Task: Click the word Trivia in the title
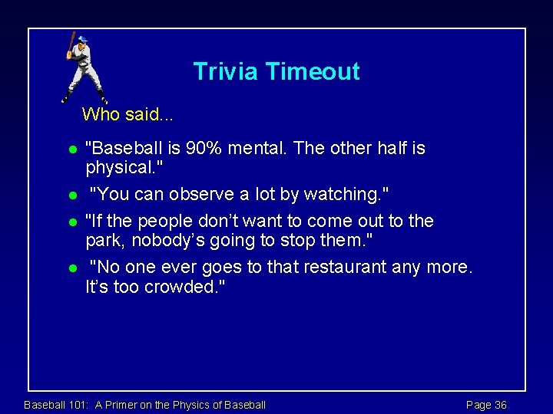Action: tap(226, 71)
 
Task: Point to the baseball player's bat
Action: tap(70, 42)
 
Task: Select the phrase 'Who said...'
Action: tap(127, 115)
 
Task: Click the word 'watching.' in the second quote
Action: tap(350, 195)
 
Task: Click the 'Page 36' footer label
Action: tap(486, 405)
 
